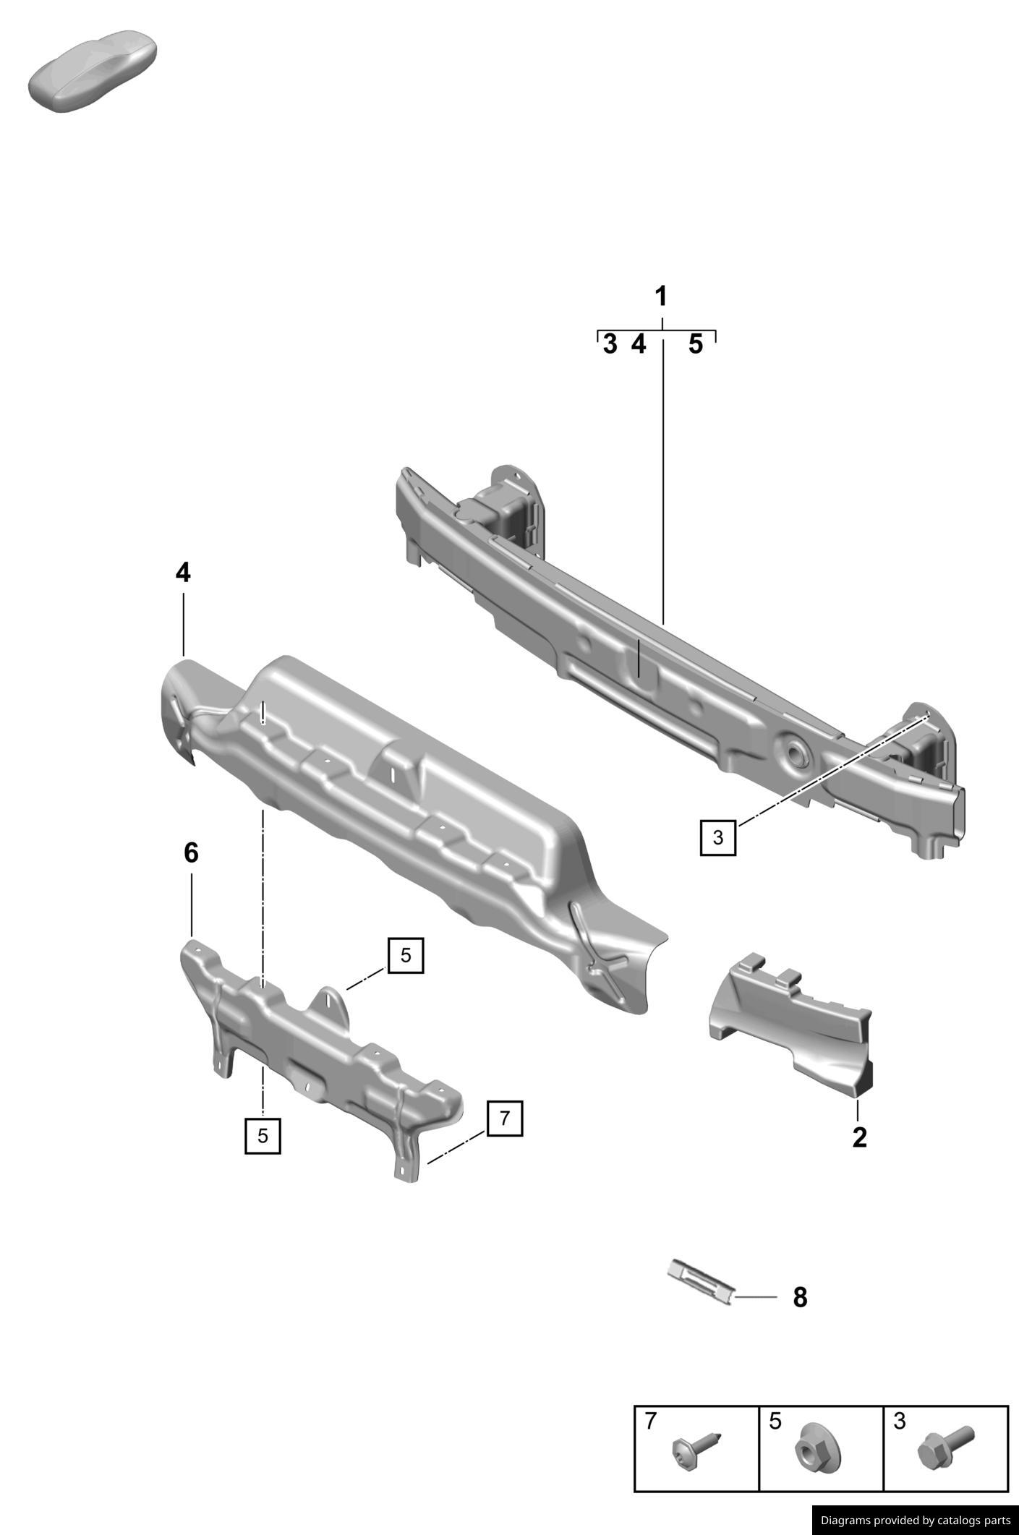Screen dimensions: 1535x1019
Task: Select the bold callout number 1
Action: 660,296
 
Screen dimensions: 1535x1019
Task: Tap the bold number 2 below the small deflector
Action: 859,1137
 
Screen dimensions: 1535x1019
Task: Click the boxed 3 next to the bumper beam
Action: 717,837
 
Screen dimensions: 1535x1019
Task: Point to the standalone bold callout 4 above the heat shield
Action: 183,573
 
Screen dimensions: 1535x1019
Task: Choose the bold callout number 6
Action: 191,853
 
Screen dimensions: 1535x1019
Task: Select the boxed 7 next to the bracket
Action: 504,1118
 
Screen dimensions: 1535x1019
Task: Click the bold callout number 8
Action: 800,1297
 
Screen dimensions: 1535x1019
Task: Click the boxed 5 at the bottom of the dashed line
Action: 263,1135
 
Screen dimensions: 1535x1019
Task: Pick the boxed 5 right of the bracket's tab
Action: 405,955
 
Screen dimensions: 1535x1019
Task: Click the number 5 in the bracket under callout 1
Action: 695,344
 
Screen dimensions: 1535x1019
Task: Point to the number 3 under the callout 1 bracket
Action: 610,344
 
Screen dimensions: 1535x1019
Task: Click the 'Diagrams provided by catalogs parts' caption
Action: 915,1520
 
